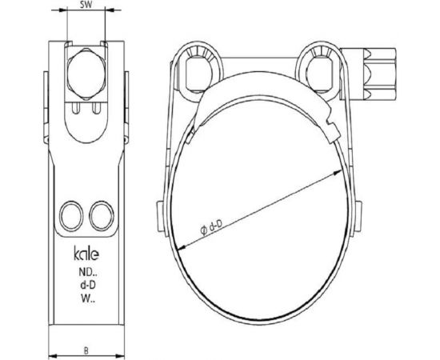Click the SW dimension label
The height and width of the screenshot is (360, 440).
[89, 6]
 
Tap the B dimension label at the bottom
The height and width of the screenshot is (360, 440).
[88, 348]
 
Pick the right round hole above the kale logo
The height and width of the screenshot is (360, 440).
[102, 214]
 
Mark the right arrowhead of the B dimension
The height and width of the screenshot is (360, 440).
[124, 355]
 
